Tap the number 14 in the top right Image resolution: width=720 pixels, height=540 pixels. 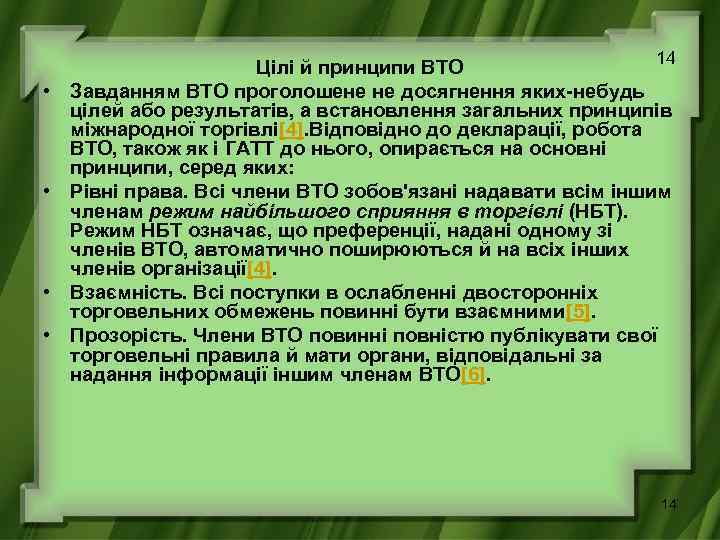click(x=666, y=59)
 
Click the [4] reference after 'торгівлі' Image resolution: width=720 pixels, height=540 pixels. click(x=292, y=130)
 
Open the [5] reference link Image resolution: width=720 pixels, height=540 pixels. click(x=578, y=312)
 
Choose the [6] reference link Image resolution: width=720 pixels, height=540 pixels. click(x=475, y=376)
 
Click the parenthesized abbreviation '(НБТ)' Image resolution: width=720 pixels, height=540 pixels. click(x=600, y=211)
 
